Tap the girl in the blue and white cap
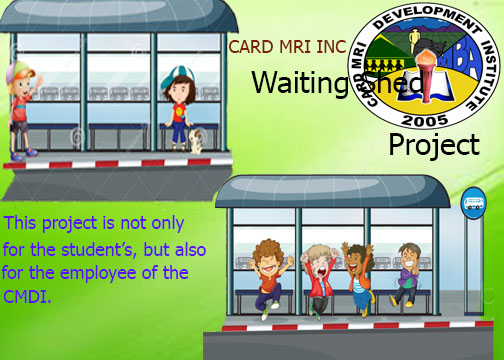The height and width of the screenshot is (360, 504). pyautogui.click(x=180, y=106)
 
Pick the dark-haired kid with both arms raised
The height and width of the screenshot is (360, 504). pyautogui.click(x=359, y=270)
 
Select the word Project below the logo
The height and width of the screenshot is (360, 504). pyautogui.click(x=434, y=146)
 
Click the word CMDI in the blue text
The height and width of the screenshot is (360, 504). pyautogui.click(x=24, y=296)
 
